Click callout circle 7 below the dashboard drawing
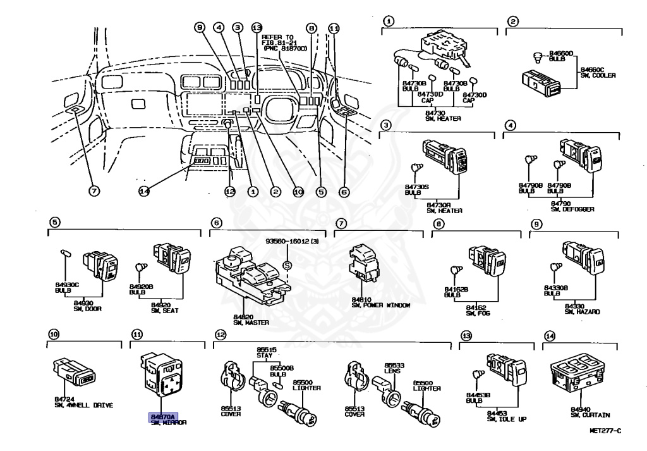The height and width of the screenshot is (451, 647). [93, 192]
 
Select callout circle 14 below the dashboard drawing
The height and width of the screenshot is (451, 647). [144, 192]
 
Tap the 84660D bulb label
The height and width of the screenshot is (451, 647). [560, 54]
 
